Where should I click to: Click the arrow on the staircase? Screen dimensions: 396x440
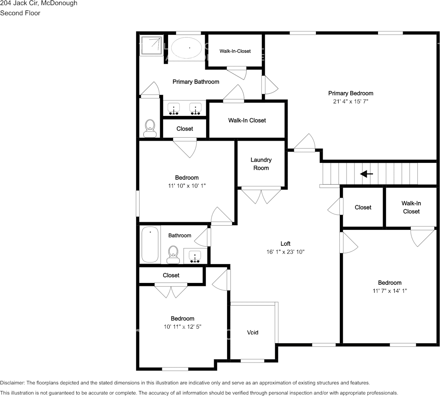point(367,174)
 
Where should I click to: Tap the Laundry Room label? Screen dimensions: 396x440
point(261,164)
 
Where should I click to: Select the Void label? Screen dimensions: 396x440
point(253,332)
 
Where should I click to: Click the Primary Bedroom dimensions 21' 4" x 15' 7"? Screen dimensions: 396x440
point(350,101)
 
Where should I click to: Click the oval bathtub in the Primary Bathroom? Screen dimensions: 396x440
point(186,48)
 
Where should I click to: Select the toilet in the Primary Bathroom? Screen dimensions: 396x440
point(150,128)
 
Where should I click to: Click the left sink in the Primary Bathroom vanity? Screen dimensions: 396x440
point(173,108)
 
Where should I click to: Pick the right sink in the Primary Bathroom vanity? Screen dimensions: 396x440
point(195,108)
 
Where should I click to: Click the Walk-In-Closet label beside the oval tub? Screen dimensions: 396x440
point(235,51)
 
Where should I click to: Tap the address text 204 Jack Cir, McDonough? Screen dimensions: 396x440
point(39,3)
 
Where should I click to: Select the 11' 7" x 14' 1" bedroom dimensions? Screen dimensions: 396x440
point(389,291)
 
